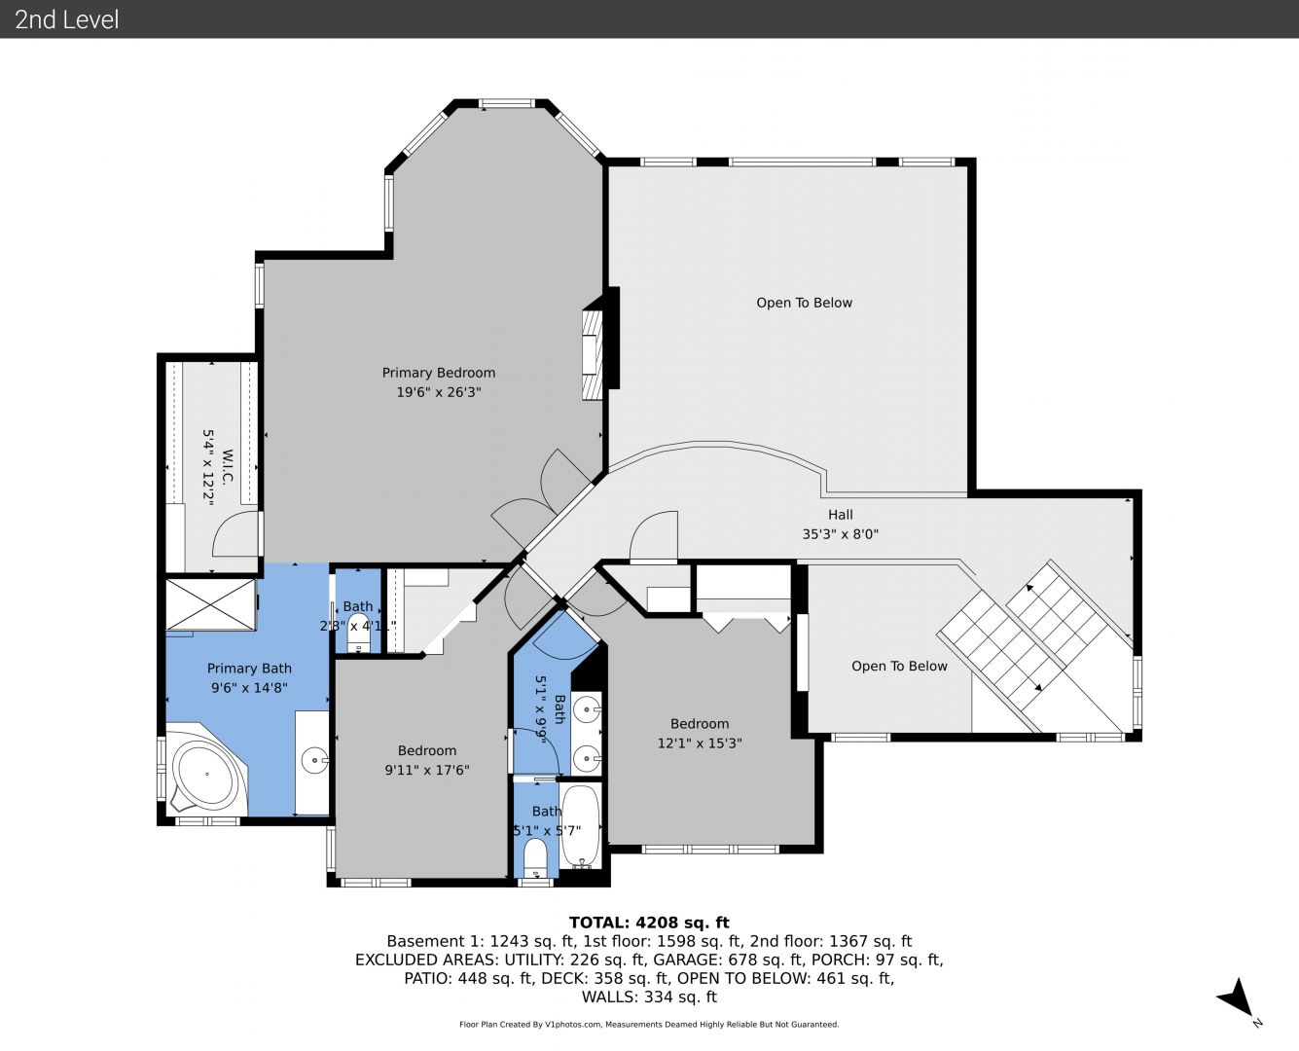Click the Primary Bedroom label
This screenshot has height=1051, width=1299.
click(x=439, y=373)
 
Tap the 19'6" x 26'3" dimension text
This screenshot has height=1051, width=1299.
click(x=439, y=392)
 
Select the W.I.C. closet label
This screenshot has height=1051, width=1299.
click(x=228, y=467)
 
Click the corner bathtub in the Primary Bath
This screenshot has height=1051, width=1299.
click(x=206, y=774)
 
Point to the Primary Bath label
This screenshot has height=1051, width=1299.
click(x=249, y=669)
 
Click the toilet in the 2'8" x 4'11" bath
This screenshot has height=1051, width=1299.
click(x=358, y=640)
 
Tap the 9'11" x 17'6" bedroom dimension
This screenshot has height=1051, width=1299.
click(x=427, y=770)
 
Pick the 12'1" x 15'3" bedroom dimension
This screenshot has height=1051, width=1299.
click(x=700, y=743)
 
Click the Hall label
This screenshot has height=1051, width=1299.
click(x=841, y=515)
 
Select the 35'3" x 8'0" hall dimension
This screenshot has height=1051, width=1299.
click(x=841, y=534)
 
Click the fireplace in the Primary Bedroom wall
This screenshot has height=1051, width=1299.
click(x=593, y=355)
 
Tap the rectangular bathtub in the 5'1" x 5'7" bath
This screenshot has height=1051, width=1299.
click(x=580, y=825)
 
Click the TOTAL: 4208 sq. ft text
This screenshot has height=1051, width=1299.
click(x=649, y=923)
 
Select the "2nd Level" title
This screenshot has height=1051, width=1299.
click(x=66, y=19)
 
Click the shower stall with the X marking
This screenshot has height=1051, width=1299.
click(x=210, y=604)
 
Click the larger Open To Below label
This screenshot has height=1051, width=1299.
click(x=804, y=303)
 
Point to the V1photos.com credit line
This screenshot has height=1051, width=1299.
click(x=649, y=1025)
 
